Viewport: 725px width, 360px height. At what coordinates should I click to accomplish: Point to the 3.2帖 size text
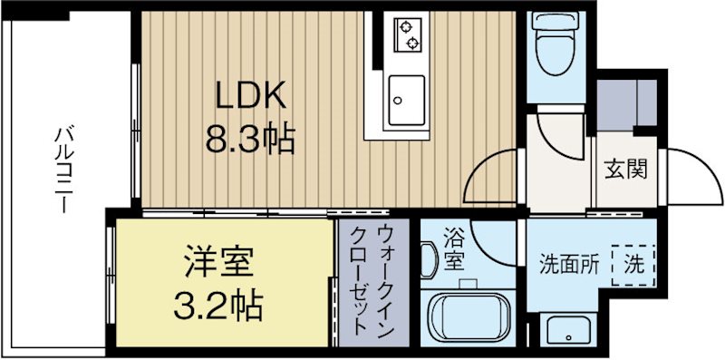pyautogui.click(x=218, y=306)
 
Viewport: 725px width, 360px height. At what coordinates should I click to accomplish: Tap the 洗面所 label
pyautogui.click(x=569, y=265)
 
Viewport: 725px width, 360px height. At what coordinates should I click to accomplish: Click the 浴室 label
pyautogui.click(x=453, y=250)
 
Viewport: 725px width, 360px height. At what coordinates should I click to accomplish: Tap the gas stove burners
pyautogui.click(x=406, y=34)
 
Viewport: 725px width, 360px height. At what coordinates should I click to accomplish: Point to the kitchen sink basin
pyautogui.click(x=406, y=100)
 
